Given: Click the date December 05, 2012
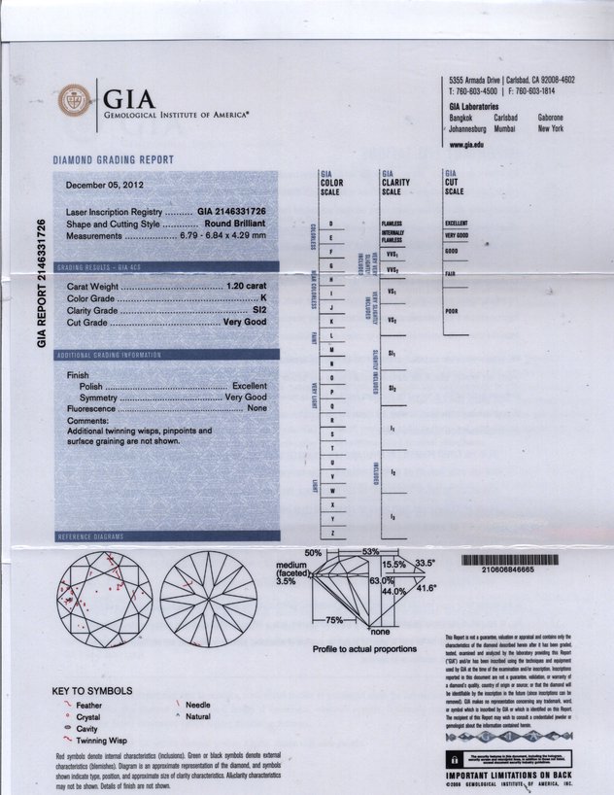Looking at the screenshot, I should (107, 185).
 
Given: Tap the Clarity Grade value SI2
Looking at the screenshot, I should (259, 310).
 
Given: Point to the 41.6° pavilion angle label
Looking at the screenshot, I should (426, 588).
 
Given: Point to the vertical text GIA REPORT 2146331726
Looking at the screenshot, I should (42, 283).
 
